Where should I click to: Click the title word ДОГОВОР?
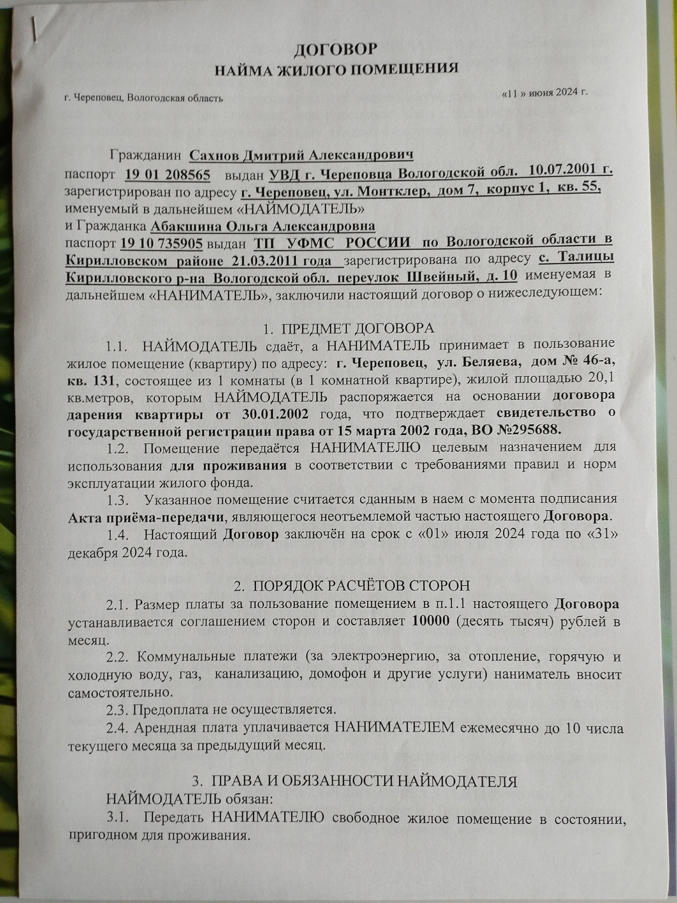335,49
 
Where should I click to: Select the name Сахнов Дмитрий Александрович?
301,156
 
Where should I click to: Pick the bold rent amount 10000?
430,621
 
